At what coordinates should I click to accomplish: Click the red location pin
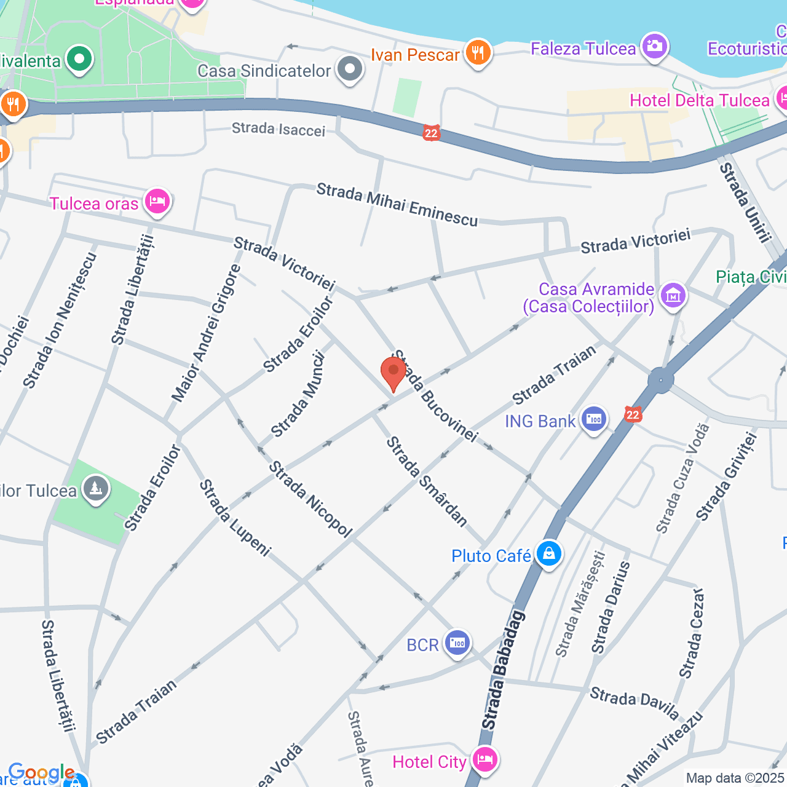(x=393, y=373)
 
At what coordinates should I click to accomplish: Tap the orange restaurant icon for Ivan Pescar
(x=478, y=53)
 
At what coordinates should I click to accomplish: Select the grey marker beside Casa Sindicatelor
(x=350, y=69)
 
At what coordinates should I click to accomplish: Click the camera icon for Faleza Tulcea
(x=654, y=47)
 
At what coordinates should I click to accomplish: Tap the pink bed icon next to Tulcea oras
(x=157, y=202)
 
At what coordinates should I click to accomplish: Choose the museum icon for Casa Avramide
(x=673, y=296)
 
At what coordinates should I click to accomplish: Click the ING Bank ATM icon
(x=594, y=420)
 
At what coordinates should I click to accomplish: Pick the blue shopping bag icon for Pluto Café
(x=548, y=554)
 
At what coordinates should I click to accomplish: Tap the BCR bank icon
(x=457, y=644)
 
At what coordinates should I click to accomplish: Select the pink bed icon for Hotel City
(x=485, y=760)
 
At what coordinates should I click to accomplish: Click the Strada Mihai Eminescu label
(x=397, y=205)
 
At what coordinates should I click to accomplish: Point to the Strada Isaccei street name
(x=279, y=129)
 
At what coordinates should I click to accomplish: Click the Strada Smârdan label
(x=426, y=481)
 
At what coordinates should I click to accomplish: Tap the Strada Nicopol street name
(x=310, y=499)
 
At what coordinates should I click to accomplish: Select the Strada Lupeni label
(x=234, y=518)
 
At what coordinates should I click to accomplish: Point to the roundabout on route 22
(x=660, y=380)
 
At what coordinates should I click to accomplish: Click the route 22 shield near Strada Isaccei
(x=432, y=132)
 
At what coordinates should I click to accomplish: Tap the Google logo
(x=41, y=772)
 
